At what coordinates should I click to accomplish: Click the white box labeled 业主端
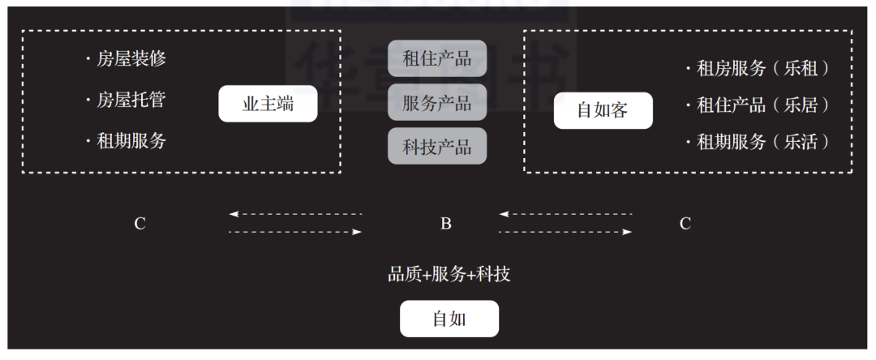click(x=268, y=105)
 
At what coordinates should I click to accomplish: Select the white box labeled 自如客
click(x=603, y=110)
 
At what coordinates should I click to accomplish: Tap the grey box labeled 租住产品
click(x=437, y=58)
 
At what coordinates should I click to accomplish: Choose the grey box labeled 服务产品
click(x=437, y=103)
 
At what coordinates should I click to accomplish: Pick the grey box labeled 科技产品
click(x=437, y=147)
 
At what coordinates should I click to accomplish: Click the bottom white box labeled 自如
click(x=449, y=319)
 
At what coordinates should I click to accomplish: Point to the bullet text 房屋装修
click(x=130, y=58)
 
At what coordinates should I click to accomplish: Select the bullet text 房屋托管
click(x=130, y=100)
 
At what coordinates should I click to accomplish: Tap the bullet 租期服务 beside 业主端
click(x=130, y=141)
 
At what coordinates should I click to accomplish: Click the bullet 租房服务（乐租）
click(x=758, y=69)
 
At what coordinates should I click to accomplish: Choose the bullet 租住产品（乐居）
click(x=758, y=105)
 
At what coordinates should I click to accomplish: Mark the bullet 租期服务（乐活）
click(x=758, y=143)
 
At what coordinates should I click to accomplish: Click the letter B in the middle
click(x=445, y=224)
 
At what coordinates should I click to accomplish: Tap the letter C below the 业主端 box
click(x=140, y=224)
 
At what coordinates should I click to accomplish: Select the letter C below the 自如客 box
click(x=685, y=224)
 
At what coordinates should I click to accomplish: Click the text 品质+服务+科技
click(x=449, y=275)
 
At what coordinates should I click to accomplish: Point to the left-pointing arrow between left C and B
click(x=295, y=214)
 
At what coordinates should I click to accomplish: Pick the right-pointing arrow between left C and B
click(x=295, y=233)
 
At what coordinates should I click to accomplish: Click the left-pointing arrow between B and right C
click(x=565, y=214)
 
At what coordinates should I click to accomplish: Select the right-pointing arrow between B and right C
click(x=565, y=233)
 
